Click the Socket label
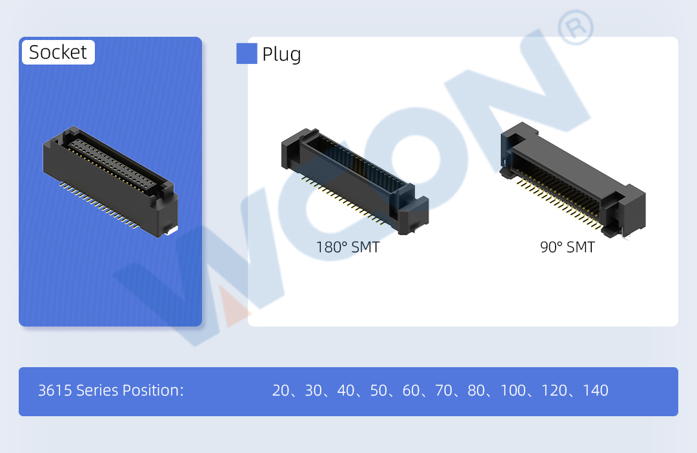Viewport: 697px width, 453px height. click(x=58, y=52)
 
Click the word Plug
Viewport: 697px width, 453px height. click(x=281, y=55)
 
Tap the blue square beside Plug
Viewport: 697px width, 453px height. click(x=247, y=54)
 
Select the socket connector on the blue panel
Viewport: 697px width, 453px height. click(x=110, y=181)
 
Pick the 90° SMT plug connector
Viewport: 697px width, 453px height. click(x=572, y=180)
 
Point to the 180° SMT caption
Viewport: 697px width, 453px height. click(x=348, y=247)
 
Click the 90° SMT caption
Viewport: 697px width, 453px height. click(x=567, y=247)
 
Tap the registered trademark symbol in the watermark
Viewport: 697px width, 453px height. click(x=576, y=28)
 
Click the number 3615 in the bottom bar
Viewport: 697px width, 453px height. click(x=55, y=390)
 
